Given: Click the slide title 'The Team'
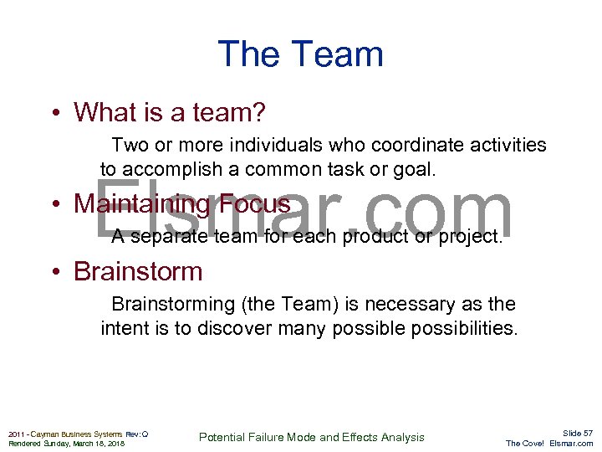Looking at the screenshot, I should pyautogui.click(x=300, y=55).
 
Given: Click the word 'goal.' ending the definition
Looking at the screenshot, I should pyautogui.click(x=411, y=169).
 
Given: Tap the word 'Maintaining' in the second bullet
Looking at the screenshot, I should pyautogui.click(x=141, y=203).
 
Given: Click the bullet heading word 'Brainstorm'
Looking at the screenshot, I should pyautogui.click(x=138, y=271).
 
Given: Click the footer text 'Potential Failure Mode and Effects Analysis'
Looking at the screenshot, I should pyautogui.click(x=312, y=437).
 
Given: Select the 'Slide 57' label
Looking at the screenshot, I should pyautogui.click(x=577, y=433).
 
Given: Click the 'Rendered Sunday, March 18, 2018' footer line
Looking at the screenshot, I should pyautogui.click(x=66, y=444).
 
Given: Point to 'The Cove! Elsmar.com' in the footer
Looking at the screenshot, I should pyautogui.click(x=549, y=444).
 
